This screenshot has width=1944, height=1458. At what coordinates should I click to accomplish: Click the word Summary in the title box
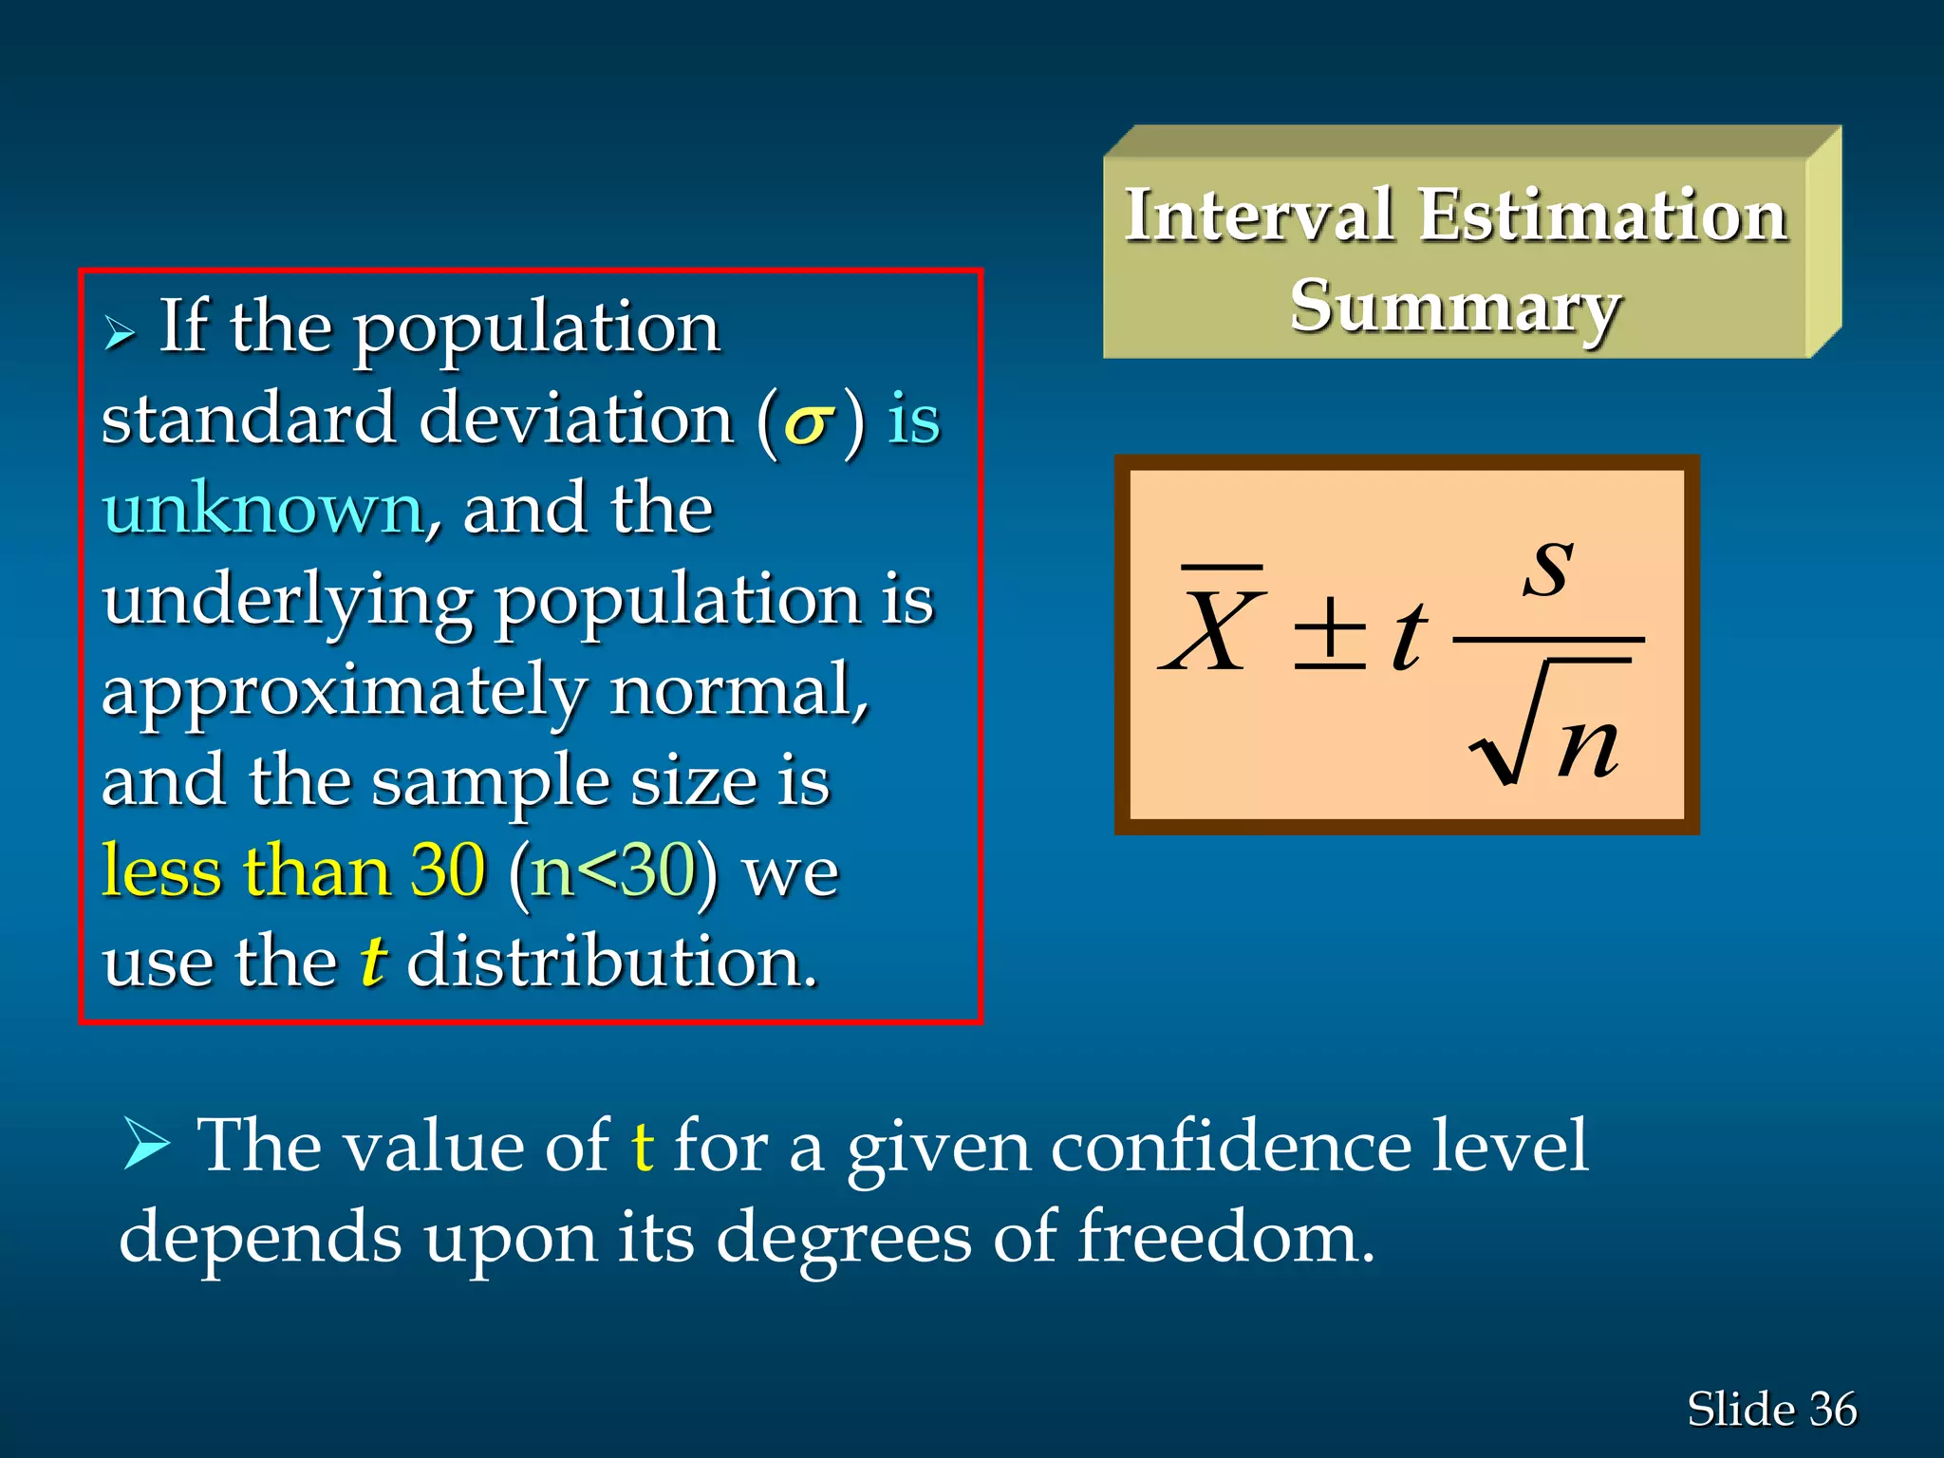point(1454,308)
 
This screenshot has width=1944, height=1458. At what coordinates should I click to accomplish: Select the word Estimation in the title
point(1603,215)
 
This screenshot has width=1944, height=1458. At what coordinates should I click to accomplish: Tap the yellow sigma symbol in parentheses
point(809,423)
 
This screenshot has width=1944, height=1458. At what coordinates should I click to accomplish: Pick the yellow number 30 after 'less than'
point(448,870)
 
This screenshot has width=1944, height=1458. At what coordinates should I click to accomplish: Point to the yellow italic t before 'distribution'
point(372,961)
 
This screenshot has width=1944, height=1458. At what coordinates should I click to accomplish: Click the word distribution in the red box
point(611,961)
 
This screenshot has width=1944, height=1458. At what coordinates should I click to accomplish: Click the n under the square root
point(1588,746)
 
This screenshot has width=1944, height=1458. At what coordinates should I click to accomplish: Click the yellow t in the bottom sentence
point(643,1146)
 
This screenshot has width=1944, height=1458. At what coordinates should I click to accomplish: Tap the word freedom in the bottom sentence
point(1225,1238)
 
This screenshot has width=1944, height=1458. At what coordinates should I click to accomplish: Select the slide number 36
point(1833,1410)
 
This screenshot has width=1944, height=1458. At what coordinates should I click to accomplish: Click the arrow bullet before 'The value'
point(146,1144)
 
